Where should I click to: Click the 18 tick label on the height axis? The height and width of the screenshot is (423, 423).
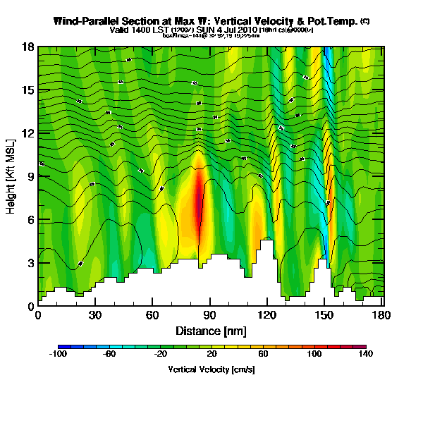coord(28,47)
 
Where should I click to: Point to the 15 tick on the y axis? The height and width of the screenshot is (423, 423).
coord(28,90)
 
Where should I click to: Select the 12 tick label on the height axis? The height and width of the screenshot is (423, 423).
coord(28,133)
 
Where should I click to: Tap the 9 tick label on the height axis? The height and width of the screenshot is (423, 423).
coord(31,177)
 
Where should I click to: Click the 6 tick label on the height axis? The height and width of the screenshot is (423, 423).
coord(31,220)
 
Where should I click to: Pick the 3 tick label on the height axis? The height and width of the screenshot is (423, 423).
coord(31,263)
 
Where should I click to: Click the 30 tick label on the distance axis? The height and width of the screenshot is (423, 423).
coord(95,315)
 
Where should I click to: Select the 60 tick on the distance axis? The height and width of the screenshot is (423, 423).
coord(152,315)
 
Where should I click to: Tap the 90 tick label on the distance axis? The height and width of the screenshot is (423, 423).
coord(209,315)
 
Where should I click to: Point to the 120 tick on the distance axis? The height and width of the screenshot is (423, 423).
coord(266,315)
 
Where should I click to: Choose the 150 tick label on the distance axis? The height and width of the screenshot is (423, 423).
coord(324,315)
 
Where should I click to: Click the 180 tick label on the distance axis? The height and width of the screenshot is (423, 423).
coord(381,315)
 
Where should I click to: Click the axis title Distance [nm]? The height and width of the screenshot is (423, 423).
coord(210,330)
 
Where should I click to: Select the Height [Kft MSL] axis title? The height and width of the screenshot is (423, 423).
coord(12,176)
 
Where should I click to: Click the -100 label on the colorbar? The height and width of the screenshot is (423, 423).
coord(59,355)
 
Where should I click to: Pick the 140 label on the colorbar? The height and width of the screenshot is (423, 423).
coord(365,355)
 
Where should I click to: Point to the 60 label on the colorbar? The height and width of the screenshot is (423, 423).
coord(262,355)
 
